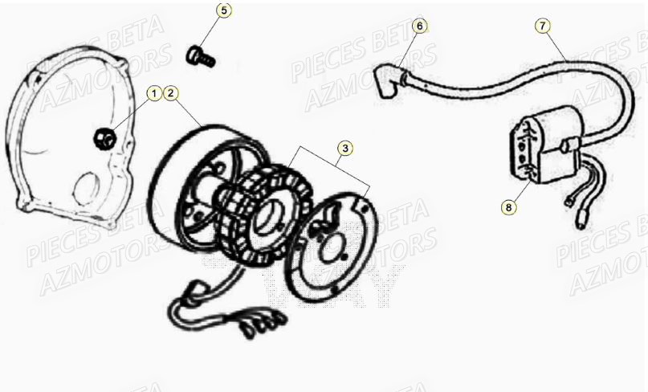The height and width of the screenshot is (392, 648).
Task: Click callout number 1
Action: (x=153, y=94)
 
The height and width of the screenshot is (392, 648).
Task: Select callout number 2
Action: (x=171, y=94)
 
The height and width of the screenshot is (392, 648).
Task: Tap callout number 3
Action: (x=344, y=148)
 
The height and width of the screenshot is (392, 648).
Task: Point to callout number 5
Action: (x=224, y=10)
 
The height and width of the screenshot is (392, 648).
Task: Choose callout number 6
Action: (x=419, y=26)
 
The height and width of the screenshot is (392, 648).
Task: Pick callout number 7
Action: (x=544, y=26)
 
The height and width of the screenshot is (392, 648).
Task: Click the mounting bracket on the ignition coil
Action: (x=519, y=149)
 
